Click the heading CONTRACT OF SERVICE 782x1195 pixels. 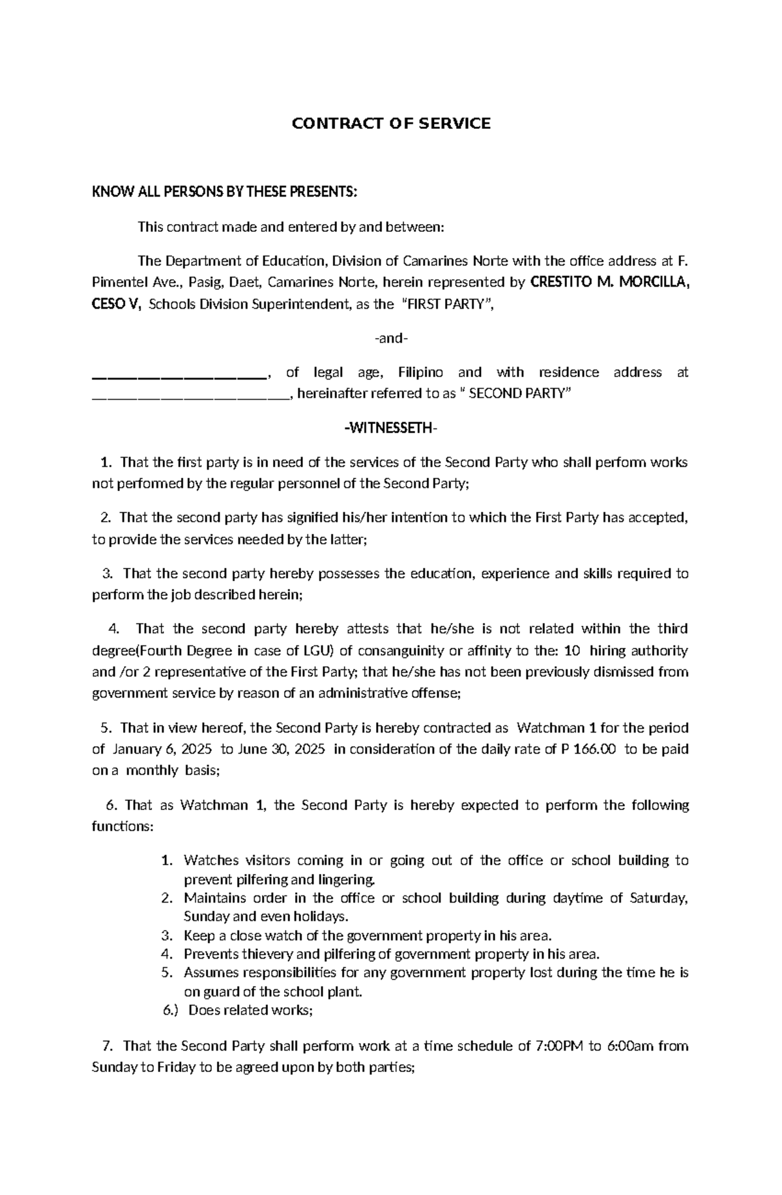pos(390,124)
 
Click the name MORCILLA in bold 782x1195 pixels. pos(652,282)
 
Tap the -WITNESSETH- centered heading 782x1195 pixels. pos(390,428)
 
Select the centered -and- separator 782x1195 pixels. pos(390,338)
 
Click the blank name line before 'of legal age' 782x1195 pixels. pos(179,374)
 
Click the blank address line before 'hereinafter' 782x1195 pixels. pos(189,395)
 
